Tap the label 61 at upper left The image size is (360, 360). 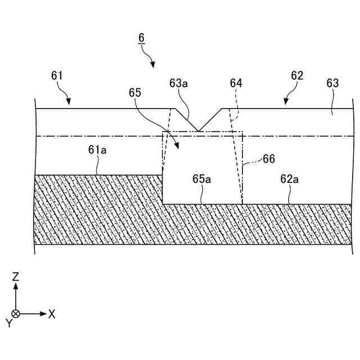pyautogui.click(x=57, y=75)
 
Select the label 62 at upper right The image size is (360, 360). pyautogui.click(x=297, y=75)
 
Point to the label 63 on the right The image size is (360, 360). pyautogui.click(x=332, y=83)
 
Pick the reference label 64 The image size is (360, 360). pyautogui.click(x=236, y=83)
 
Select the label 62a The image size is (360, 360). pyautogui.click(x=289, y=179)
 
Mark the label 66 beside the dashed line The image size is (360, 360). pyautogui.click(x=269, y=159)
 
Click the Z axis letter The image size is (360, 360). pyautogui.click(x=16, y=276)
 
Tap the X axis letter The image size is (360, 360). pyautogui.click(x=52, y=314)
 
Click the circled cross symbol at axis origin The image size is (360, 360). pyautogui.click(x=16, y=313)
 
